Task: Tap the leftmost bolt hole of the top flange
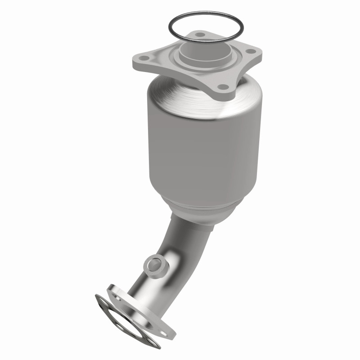(144, 58)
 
